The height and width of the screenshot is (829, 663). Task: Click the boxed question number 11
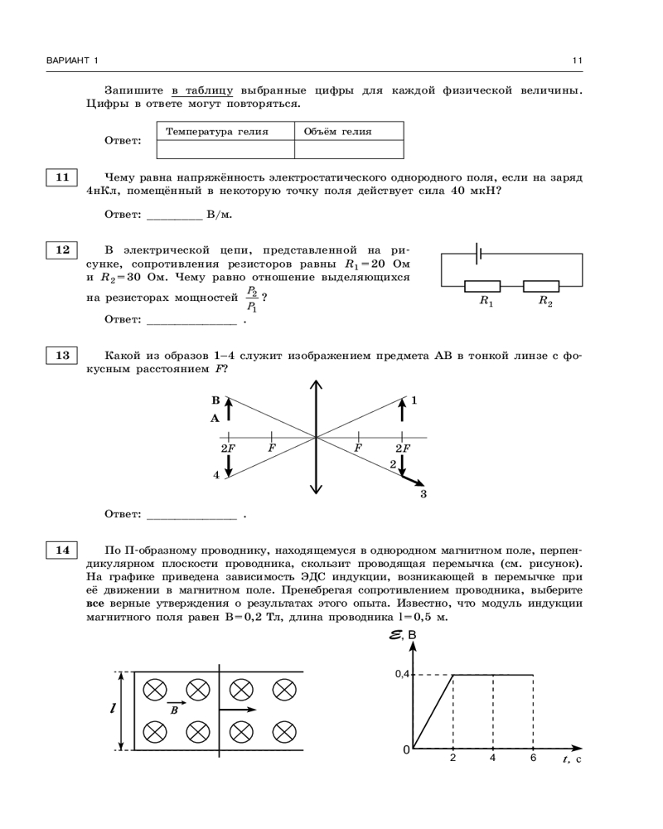pyautogui.click(x=61, y=177)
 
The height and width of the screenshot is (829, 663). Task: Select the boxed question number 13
pyautogui.click(x=61, y=356)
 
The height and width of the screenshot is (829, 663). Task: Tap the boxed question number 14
pyautogui.click(x=61, y=550)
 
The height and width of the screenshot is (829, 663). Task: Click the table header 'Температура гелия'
pyautogui.click(x=217, y=132)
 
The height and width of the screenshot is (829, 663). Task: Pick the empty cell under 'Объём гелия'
pyautogui.click(x=349, y=149)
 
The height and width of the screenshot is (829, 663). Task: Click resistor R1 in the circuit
pyautogui.click(x=487, y=286)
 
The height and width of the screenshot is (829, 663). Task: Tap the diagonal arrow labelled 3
pyautogui.click(x=412, y=480)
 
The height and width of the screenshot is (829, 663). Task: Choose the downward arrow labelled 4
pyautogui.click(x=229, y=465)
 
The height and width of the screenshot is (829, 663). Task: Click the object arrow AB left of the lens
pyautogui.click(x=229, y=410)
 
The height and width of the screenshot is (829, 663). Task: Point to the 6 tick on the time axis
pyautogui.click(x=533, y=758)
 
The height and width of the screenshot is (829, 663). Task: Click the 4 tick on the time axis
pyautogui.click(x=493, y=758)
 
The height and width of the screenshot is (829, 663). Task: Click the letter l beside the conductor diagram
pyautogui.click(x=112, y=709)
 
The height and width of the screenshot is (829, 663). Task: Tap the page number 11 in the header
pyautogui.click(x=577, y=61)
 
